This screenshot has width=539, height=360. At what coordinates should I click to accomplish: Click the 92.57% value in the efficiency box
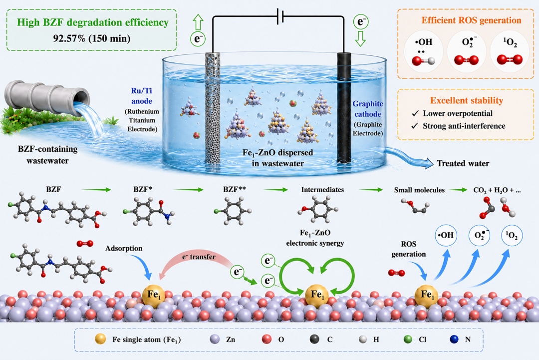[x=69, y=38]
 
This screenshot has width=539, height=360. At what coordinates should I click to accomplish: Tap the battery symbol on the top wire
[x=280, y=16]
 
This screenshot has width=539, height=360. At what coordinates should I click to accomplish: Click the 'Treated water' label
[x=463, y=163]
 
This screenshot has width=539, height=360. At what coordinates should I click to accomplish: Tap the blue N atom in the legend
[x=454, y=340]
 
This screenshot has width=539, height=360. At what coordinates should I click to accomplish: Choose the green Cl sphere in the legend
[x=408, y=340]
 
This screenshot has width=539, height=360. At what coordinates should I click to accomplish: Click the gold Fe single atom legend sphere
[x=100, y=339]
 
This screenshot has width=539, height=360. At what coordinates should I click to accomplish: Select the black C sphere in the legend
[x=314, y=340]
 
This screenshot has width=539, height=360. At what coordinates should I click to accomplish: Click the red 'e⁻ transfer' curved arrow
[x=194, y=265]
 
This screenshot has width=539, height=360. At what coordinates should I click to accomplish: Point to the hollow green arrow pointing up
[x=198, y=22]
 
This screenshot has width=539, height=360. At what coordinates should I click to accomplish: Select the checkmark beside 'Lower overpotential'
[x=415, y=113]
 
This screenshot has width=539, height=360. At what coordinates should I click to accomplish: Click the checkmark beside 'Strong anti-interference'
[x=415, y=126]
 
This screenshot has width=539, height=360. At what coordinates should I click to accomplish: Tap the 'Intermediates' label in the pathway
[x=322, y=189]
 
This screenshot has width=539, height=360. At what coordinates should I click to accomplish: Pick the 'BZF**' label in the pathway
[x=234, y=189]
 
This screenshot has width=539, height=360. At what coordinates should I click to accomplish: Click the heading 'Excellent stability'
[x=467, y=100]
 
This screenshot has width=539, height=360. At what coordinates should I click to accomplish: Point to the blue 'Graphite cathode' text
[x=367, y=109]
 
